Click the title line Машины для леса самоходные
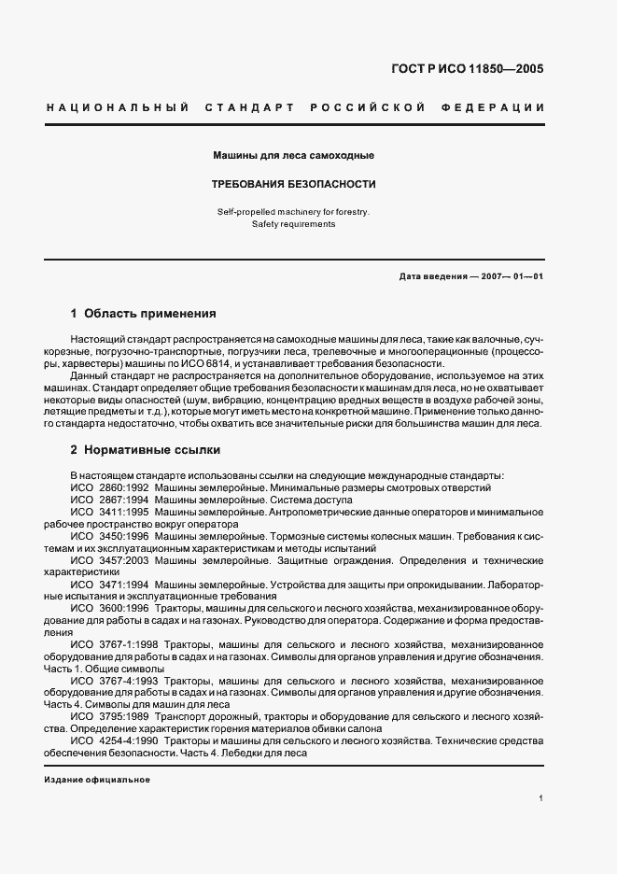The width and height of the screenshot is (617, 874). [294, 154]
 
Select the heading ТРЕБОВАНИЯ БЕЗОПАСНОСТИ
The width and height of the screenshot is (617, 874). [294, 184]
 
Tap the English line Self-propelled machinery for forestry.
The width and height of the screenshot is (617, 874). [294, 212]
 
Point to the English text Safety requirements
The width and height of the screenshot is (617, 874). [294, 224]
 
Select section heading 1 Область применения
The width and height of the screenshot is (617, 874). [144, 314]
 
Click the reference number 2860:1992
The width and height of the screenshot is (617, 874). [123, 487]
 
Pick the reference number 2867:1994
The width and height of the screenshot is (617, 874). [123, 500]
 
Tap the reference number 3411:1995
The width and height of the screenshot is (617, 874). [123, 512]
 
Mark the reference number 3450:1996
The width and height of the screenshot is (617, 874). [123, 536]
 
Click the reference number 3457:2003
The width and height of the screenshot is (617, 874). [123, 560]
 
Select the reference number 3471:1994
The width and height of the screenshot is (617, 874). [123, 585]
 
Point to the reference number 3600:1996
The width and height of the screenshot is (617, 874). [123, 608]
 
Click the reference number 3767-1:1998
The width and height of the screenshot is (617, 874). [129, 644]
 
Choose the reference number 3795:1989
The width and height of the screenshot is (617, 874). [123, 716]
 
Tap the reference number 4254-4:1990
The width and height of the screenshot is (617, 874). [129, 740]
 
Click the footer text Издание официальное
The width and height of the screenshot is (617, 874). [97, 780]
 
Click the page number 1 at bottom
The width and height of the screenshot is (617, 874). [541, 798]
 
